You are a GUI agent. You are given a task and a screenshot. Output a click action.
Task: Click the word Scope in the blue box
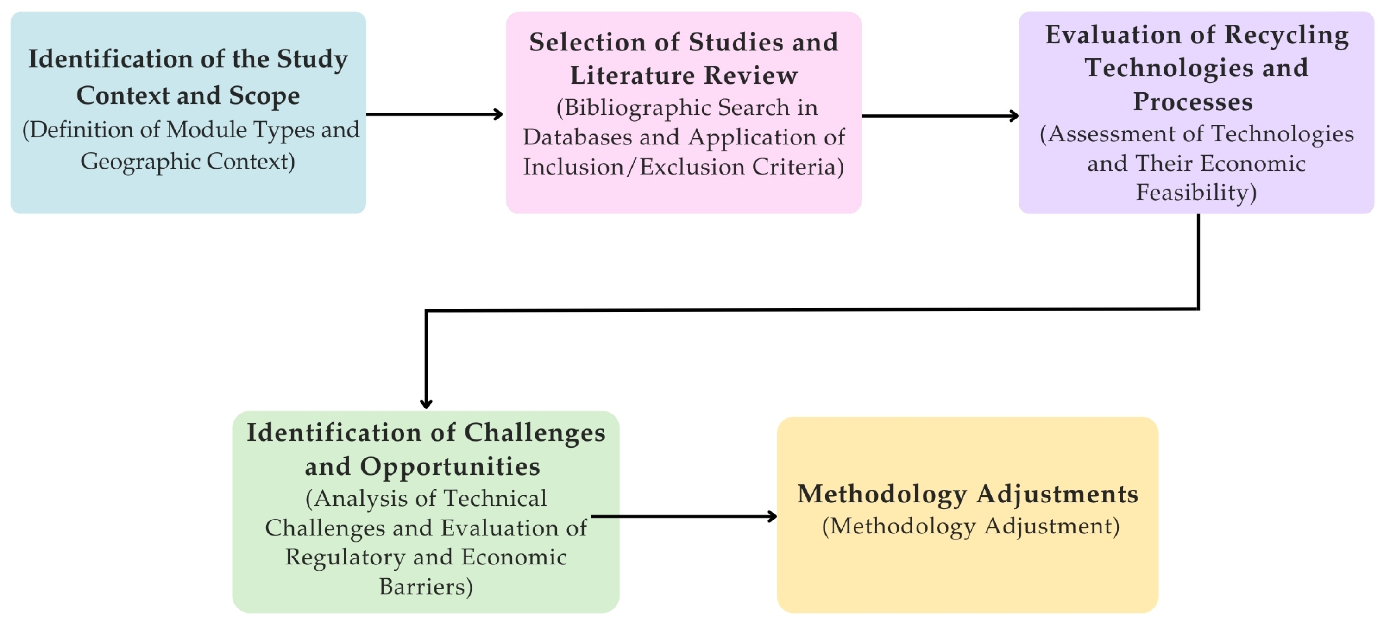[264, 96]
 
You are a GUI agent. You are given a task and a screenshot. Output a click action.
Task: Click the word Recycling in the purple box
[1286, 35]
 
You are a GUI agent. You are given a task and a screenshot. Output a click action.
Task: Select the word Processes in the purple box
[1193, 101]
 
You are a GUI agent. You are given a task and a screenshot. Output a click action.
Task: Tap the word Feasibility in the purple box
[1196, 193]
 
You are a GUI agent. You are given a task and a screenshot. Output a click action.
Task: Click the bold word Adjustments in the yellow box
[1057, 494]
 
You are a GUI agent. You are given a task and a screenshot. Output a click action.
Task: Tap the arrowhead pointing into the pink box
[498, 114]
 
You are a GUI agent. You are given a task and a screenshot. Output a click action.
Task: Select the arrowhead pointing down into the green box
[426, 404]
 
